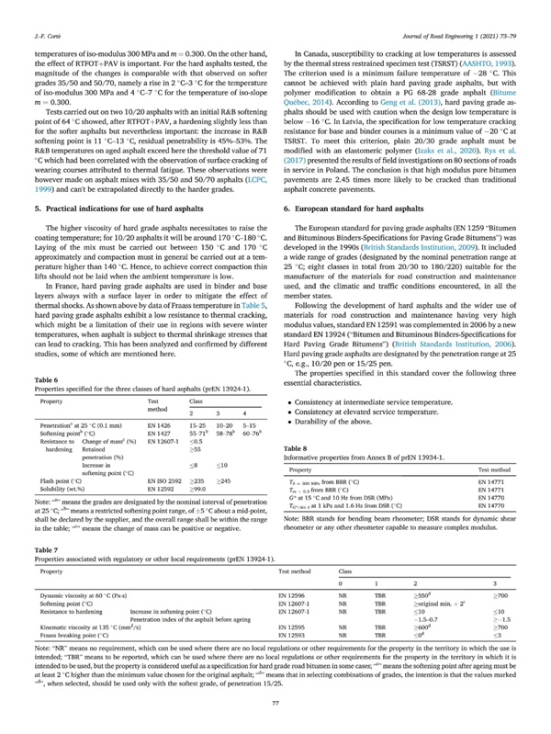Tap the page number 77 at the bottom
tap(275, 701)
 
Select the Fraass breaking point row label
tap(76, 607)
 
